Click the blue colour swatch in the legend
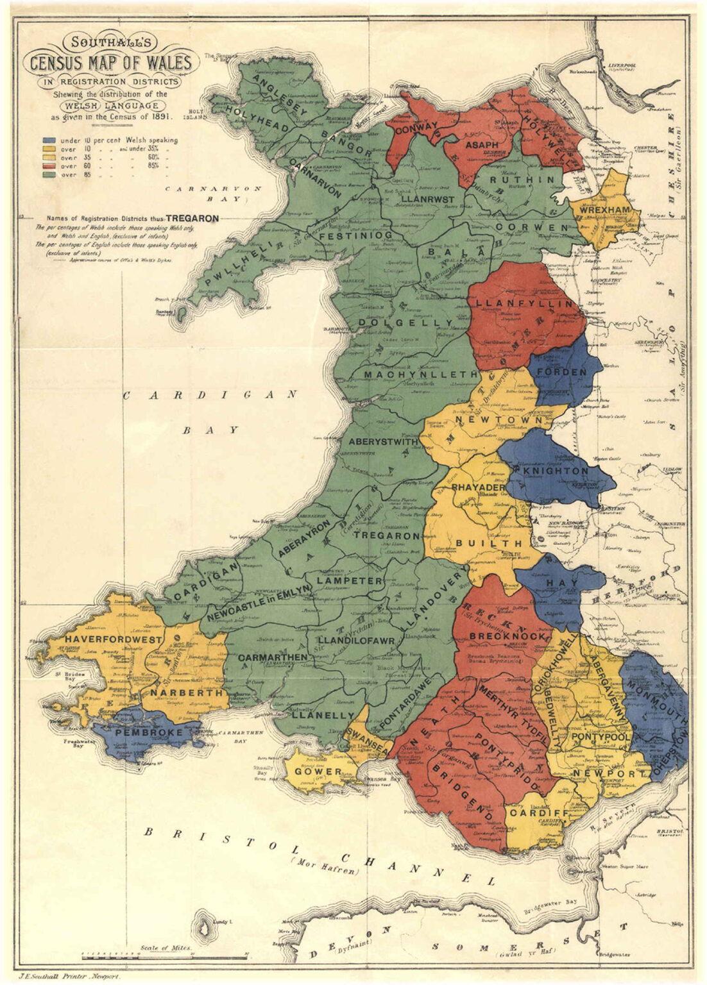49,140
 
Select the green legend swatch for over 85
49,174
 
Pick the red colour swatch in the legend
49,166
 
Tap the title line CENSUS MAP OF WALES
108,63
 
